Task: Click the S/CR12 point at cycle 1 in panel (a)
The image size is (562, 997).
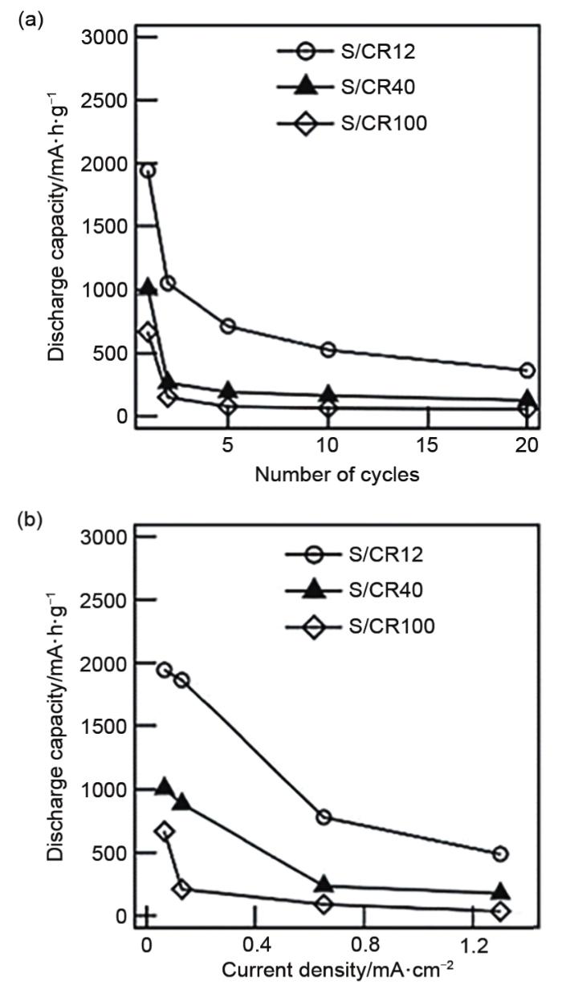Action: [148, 171]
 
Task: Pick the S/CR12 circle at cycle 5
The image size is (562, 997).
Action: [228, 326]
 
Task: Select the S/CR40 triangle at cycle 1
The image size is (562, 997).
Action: [148, 287]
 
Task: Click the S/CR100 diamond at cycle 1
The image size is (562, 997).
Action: [148, 331]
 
